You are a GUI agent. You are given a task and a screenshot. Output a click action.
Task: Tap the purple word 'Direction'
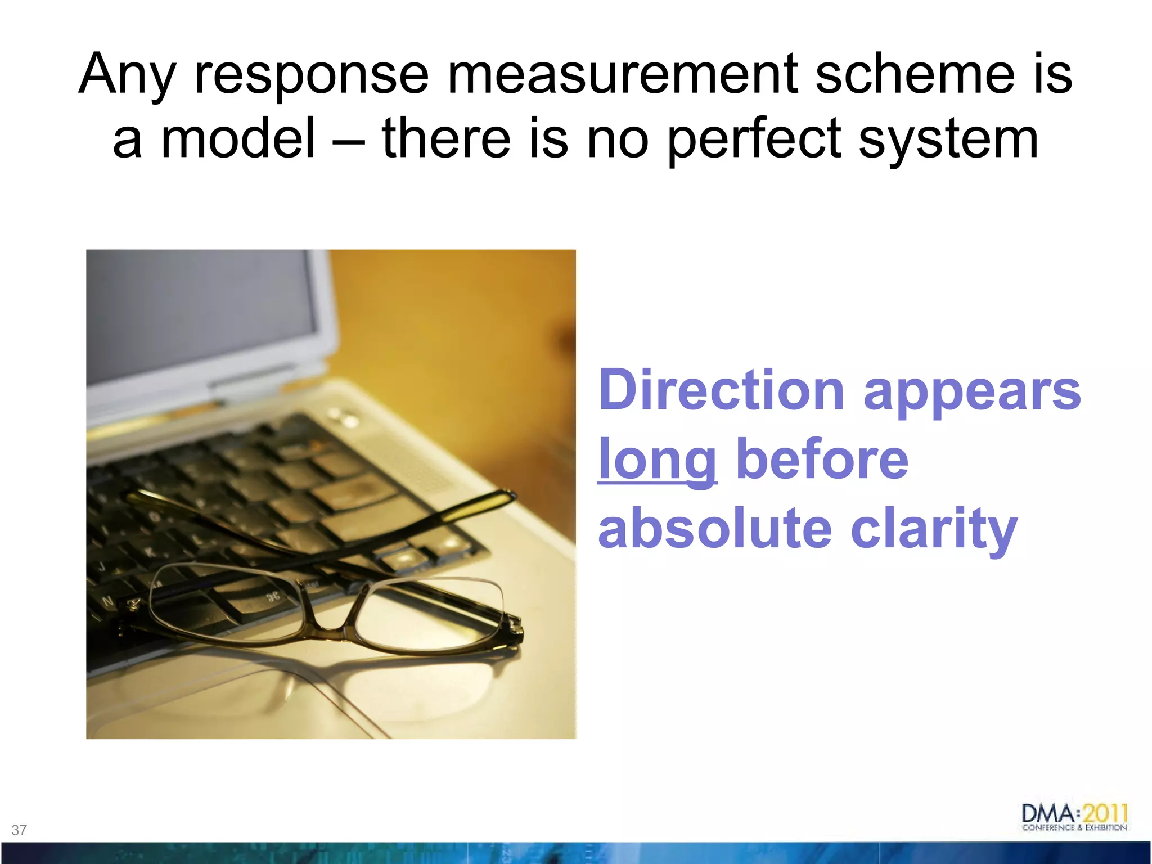721,390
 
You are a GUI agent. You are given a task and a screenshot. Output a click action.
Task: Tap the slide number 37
19,830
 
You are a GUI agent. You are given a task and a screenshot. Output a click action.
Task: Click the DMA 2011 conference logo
1075,817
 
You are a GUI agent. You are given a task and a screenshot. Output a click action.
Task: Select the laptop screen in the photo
202,315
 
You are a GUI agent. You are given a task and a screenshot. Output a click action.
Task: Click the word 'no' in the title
618,139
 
